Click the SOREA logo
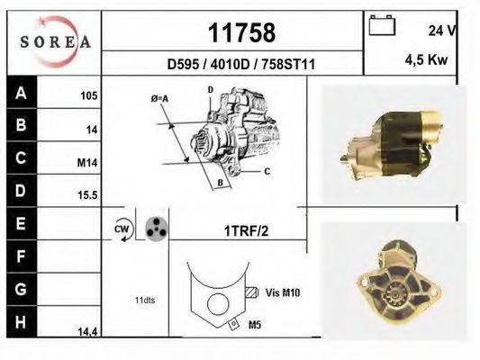pyautogui.click(x=54, y=41)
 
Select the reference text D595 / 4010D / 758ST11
pyautogui.click(x=240, y=64)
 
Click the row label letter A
pyautogui.click(x=21, y=93)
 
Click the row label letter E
pyautogui.click(x=21, y=221)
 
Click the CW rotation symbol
pyautogui.click(x=122, y=229)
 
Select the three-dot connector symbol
pyautogui.click(x=156, y=229)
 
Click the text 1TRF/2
pyautogui.click(x=245, y=230)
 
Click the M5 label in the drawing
pyautogui.click(x=253, y=324)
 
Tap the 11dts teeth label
pyautogui.click(x=144, y=299)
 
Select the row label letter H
pyautogui.click(x=21, y=321)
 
